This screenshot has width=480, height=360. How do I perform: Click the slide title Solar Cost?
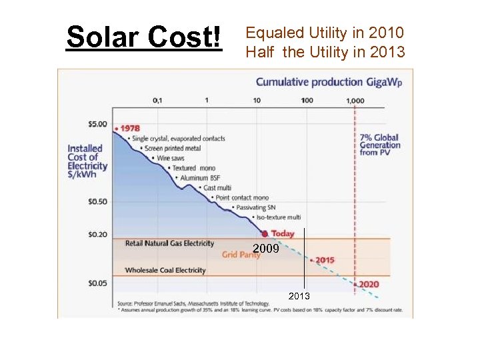143,38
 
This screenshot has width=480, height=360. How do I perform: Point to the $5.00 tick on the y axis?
97,124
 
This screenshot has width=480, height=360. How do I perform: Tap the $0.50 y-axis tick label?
97,201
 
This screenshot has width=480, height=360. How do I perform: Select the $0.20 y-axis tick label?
97,234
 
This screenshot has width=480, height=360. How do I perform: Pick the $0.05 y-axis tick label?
97,283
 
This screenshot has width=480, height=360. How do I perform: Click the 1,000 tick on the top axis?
355,100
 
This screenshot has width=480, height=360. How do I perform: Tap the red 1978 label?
129,128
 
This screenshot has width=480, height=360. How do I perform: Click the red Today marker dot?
265,234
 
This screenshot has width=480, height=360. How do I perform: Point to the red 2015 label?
325,260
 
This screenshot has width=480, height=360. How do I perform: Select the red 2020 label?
369,284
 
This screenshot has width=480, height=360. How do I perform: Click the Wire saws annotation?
172,159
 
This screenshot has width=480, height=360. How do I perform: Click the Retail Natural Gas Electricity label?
169,243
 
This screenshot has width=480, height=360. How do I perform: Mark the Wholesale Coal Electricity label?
165,270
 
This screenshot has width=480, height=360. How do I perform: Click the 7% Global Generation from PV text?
380,145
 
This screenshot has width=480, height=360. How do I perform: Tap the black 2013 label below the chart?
299,295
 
